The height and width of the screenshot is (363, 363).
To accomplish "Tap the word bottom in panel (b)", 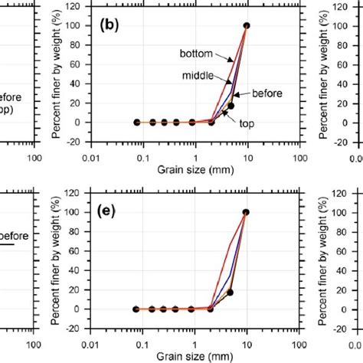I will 196,54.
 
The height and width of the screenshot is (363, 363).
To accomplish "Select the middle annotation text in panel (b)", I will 197,74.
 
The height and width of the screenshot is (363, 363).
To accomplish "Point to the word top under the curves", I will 245,123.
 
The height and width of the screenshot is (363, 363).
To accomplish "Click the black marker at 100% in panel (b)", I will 246,25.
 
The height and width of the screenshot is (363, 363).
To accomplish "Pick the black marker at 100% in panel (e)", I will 246,212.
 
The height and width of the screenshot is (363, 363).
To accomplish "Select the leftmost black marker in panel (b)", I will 136,123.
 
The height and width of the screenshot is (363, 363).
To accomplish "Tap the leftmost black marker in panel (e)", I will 136,309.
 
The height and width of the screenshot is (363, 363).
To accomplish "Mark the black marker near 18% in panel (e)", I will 231,293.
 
